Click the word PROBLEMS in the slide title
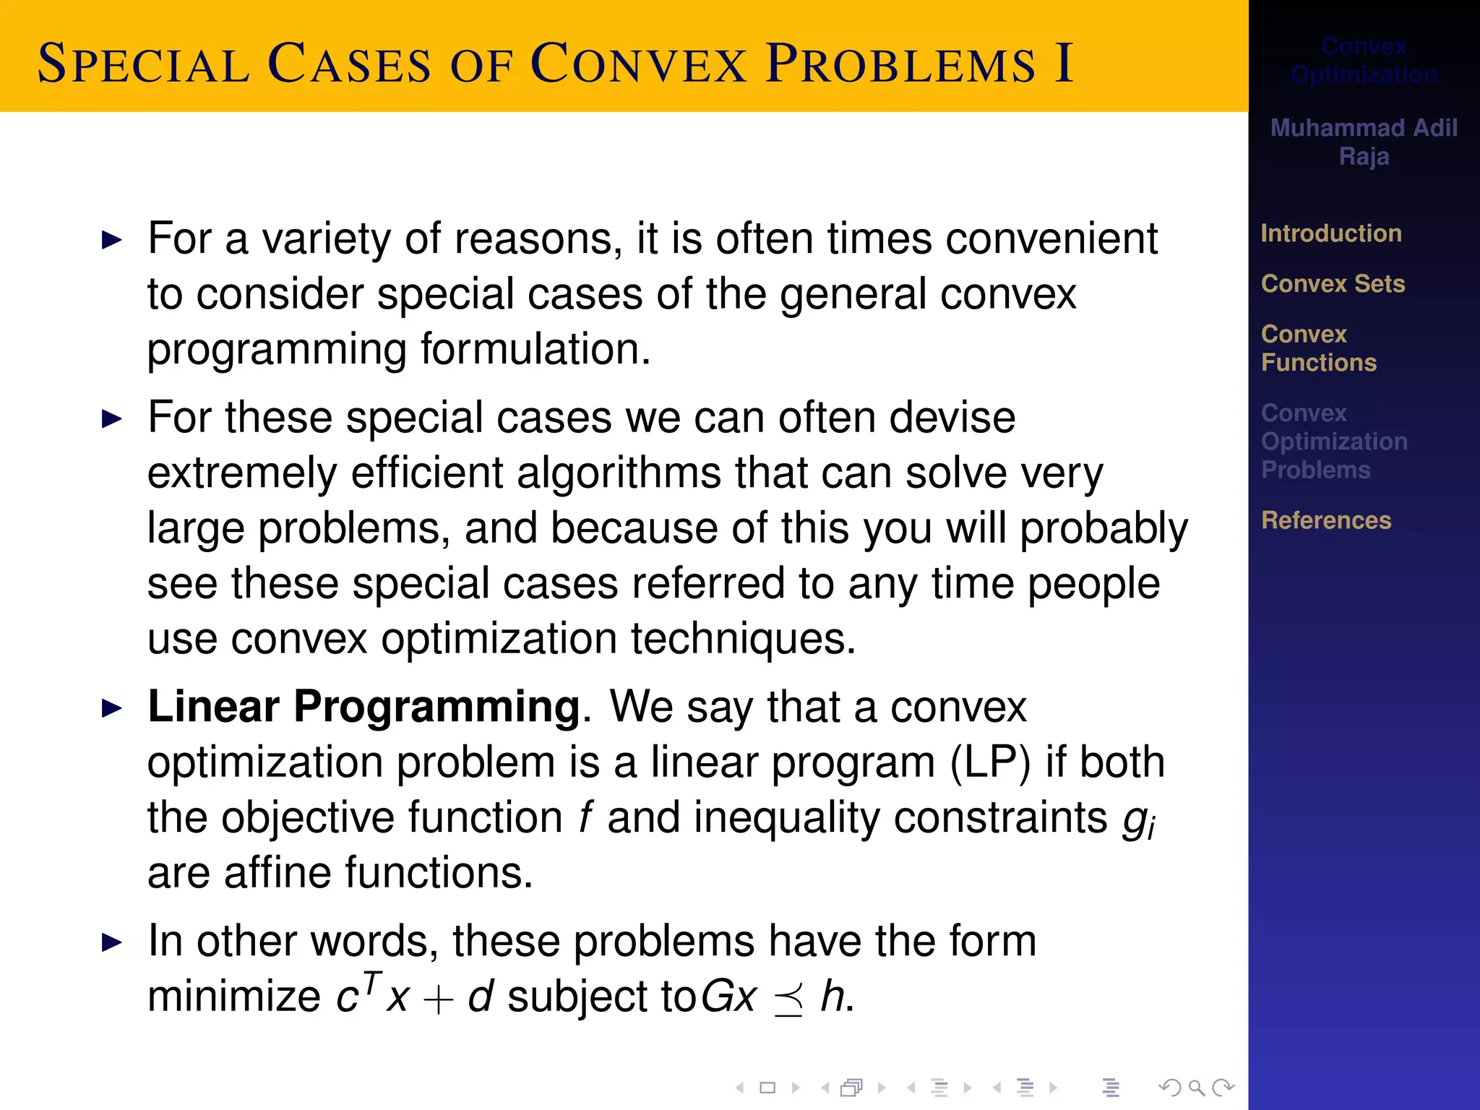[x=900, y=64]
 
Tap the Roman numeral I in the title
[x=1062, y=64]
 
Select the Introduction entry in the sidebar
[x=1330, y=233]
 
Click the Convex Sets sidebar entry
[x=1333, y=284]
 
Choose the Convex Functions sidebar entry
[x=1318, y=348]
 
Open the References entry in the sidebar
[x=1325, y=520]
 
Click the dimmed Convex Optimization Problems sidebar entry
[x=1333, y=442]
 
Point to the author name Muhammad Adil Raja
[x=1363, y=142]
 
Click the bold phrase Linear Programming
[x=363, y=706]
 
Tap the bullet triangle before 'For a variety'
[x=112, y=240]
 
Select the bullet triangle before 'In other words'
[x=112, y=942]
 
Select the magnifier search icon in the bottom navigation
[x=1196, y=1087]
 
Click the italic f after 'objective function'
[x=585, y=818]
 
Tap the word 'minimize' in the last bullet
[x=233, y=997]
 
